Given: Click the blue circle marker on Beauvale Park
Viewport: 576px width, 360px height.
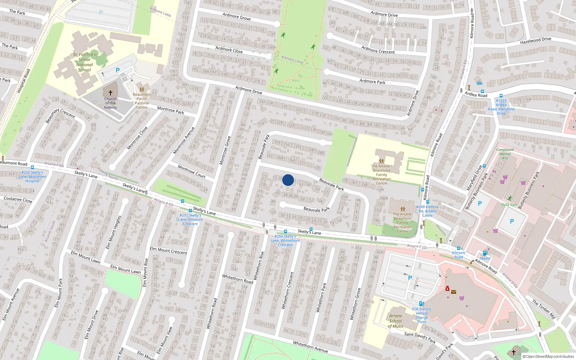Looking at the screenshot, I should [288, 180].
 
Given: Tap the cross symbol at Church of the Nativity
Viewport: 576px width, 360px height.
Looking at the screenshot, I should [111, 93].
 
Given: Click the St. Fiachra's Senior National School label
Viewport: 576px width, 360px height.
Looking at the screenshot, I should [85, 62].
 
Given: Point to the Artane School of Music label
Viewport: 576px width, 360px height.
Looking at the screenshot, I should [396, 321].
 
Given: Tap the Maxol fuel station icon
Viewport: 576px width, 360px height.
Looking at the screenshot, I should [485, 253].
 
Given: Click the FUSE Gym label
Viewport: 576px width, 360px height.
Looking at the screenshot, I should [509, 205].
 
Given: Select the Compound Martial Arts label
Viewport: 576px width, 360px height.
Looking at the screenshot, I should [505, 154].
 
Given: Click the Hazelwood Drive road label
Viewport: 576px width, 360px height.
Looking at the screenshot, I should [535, 41].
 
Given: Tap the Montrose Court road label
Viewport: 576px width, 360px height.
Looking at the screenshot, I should [192, 172].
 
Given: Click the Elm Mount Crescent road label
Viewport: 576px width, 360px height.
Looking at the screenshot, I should [168, 250].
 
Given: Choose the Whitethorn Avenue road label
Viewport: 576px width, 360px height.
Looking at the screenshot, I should [310, 347].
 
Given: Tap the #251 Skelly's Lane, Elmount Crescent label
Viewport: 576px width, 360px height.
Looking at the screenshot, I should [190, 220].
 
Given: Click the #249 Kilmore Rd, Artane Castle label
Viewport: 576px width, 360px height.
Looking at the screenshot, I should [427, 211].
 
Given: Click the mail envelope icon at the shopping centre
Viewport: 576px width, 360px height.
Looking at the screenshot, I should [454, 292].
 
